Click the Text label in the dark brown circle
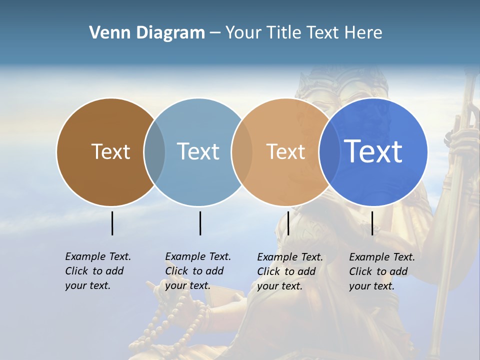point(110,152)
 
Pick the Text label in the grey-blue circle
point(198,152)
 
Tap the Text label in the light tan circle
point(285,152)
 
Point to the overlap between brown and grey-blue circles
point(154,152)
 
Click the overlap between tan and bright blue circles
point(328,152)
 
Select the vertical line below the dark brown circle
point(112,223)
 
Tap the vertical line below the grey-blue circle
point(200,223)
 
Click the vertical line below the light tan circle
point(288,223)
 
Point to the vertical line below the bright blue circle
point(372,223)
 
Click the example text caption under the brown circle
point(97,271)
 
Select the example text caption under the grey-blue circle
point(197,271)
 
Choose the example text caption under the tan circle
point(289,271)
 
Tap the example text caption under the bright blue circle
point(381,271)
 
